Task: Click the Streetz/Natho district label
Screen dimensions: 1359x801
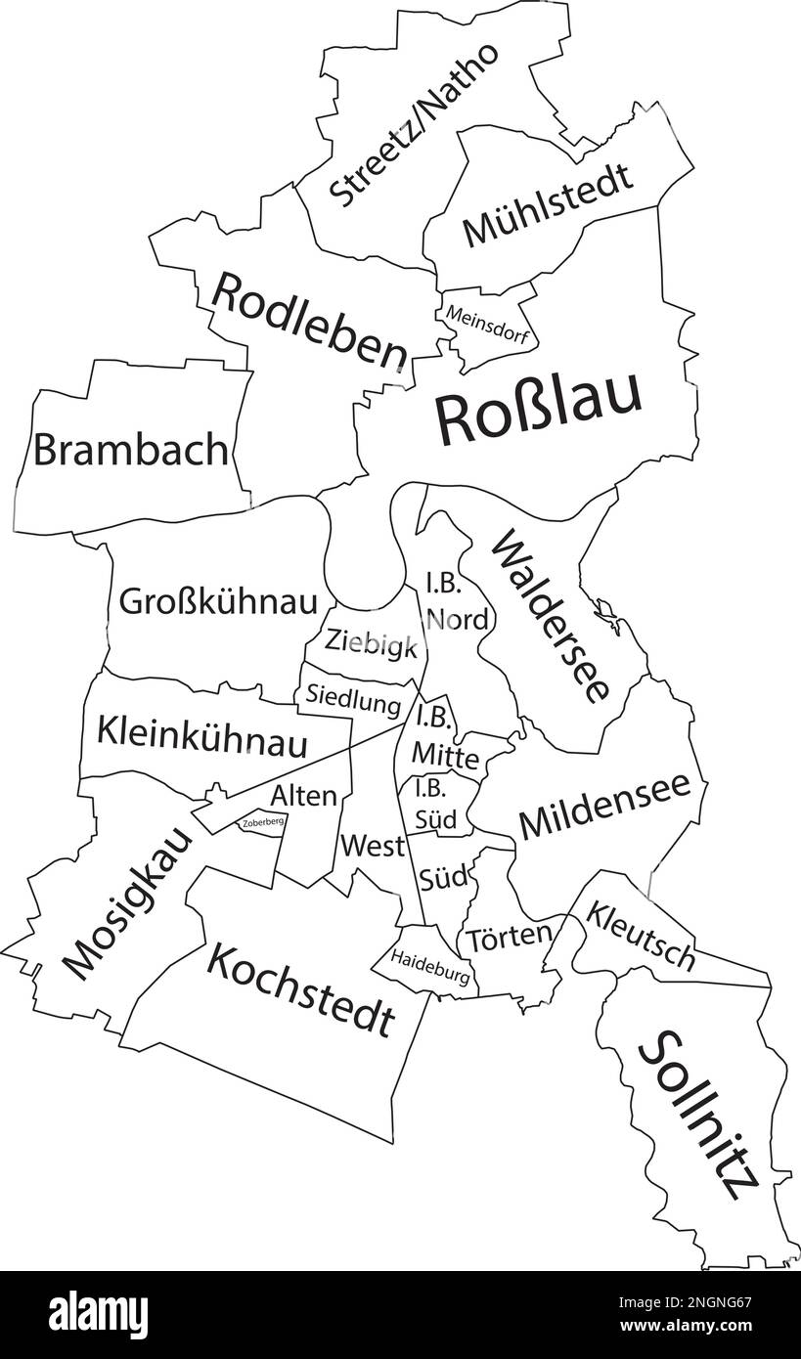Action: [x=414, y=124]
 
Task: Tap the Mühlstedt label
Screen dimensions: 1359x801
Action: [x=548, y=207]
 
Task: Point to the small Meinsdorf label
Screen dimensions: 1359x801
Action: [x=489, y=327]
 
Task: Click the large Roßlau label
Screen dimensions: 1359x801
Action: [x=539, y=409]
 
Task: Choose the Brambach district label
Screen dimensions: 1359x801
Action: [x=131, y=450]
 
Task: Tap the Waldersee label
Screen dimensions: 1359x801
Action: [x=552, y=616]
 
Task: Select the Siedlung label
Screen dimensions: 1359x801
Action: [x=353, y=700]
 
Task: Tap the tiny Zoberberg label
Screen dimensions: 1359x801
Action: [x=262, y=822]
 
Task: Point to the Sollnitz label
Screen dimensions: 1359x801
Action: [x=697, y=1115]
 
